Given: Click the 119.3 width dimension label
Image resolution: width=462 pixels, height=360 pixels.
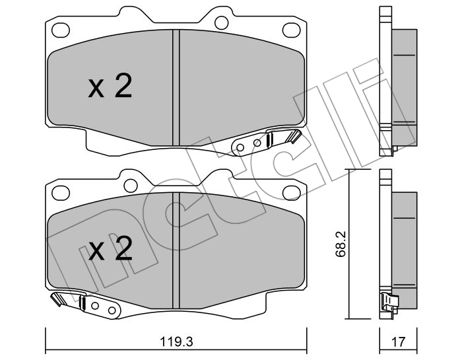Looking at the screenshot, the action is click(x=176, y=342).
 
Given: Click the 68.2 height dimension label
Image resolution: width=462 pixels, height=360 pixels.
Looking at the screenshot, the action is click(x=341, y=244).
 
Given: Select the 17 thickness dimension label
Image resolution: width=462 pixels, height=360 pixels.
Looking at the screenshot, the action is click(x=399, y=342).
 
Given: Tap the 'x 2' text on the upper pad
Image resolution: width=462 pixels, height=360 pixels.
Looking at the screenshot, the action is click(x=110, y=86).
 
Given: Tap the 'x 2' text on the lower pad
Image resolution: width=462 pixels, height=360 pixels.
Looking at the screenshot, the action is click(x=110, y=248).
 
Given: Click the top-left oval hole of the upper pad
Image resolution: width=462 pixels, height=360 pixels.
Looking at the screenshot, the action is click(x=61, y=30).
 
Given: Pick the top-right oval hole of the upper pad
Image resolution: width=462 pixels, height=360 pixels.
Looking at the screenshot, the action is click(x=292, y=30).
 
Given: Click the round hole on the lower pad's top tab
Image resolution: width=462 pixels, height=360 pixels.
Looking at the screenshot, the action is click(x=130, y=186).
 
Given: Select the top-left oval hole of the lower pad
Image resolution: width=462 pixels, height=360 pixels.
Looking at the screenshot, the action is click(x=61, y=193).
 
